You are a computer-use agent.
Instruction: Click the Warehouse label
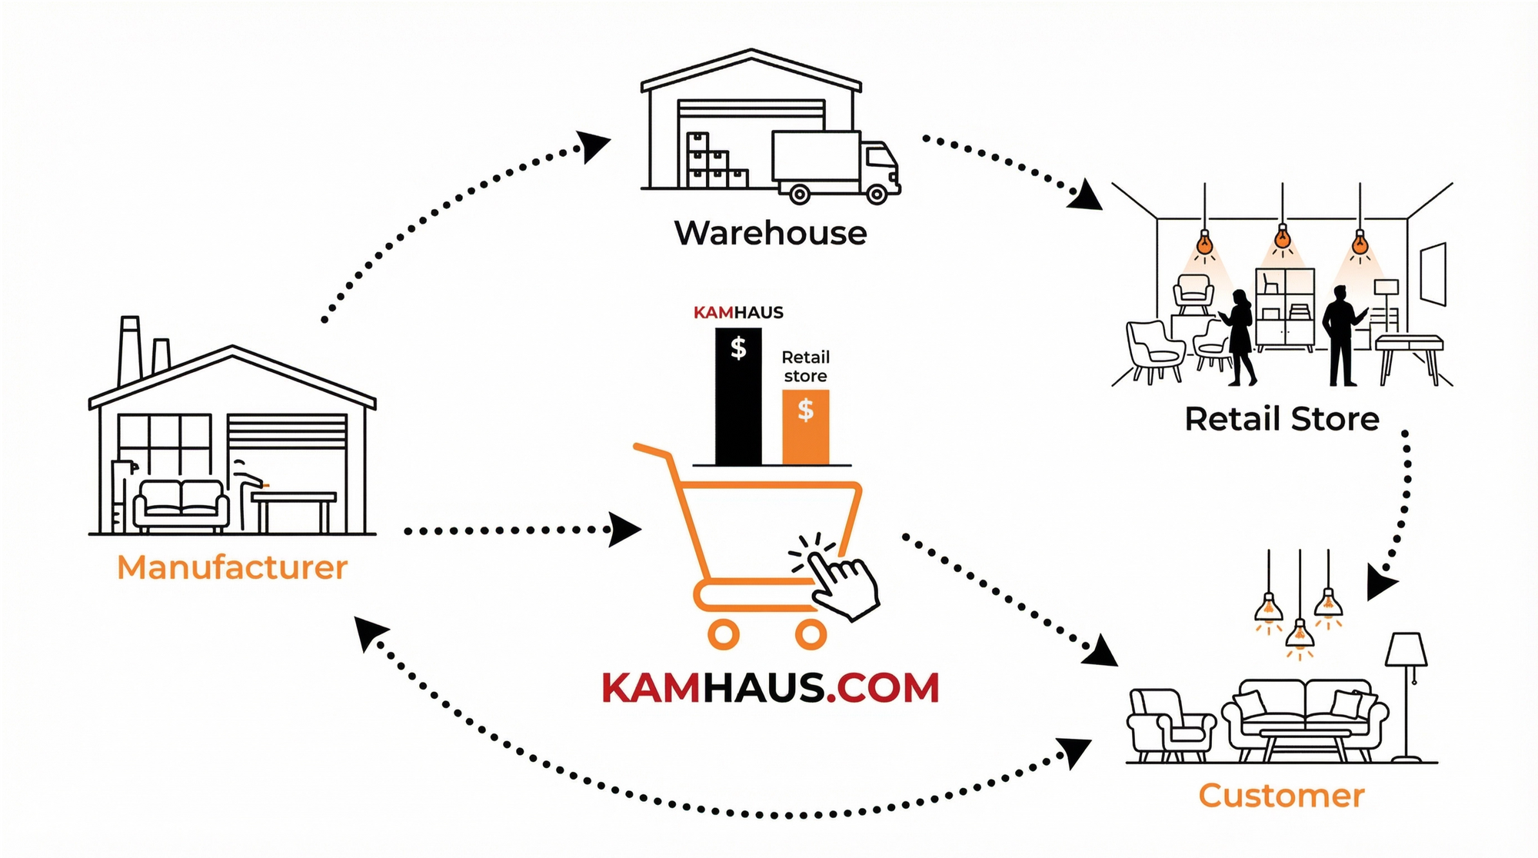tap(770, 233)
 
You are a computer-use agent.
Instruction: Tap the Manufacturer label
tap(232, 568)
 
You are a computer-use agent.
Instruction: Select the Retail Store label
tap(1281, 420)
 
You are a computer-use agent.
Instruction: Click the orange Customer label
tap(1281, 796)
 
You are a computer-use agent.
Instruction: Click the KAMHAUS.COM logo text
tap(770, 687)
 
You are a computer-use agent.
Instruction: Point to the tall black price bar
tap(738, 396)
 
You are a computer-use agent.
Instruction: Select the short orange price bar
tap(805, 427)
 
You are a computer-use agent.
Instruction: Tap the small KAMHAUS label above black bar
tap(738, 312)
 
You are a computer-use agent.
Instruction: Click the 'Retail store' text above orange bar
tap(805, 367)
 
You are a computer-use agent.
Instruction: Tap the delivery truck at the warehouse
tap(834, 165)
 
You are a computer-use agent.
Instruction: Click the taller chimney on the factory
tap(129, 350)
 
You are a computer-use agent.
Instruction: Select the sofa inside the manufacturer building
tap(181, 505)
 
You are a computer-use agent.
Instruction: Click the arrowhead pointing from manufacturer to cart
tap(624, 529)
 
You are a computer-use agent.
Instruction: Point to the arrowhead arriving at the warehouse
tap(593, 145)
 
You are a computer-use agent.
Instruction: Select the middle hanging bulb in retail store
tap(1282, 238)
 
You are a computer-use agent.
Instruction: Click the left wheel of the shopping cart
tap(723, 634)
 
